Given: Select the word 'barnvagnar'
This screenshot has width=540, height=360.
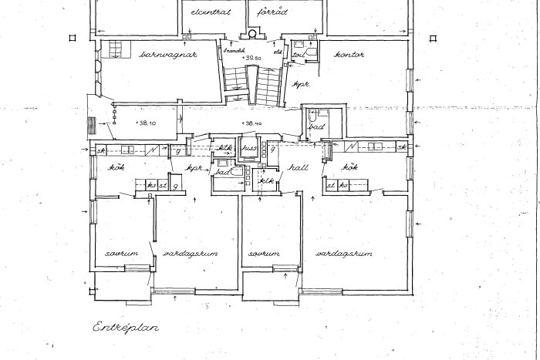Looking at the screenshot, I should point(170,55).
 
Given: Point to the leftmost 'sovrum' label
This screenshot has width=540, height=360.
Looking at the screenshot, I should point(122,254).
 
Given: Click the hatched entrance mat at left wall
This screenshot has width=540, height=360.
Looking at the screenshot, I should point(91,125).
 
